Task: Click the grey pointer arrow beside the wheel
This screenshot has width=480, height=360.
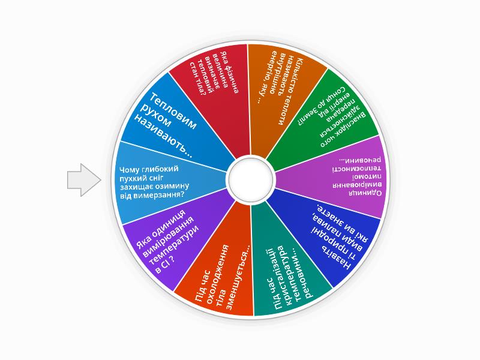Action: click(x=84, y=180)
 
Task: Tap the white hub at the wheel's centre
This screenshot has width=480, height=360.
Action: click(x=251, y=179)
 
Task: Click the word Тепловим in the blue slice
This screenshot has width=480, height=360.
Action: click(x=173, y=112)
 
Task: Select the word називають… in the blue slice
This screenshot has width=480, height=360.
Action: click(x=164, y=137)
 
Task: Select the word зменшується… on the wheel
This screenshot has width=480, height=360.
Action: click(x=238, y=277)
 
